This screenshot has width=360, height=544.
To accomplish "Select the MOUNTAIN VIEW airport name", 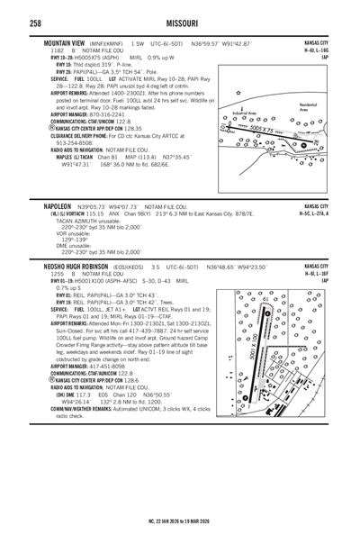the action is pyautogui.click(x=64, y=42).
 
